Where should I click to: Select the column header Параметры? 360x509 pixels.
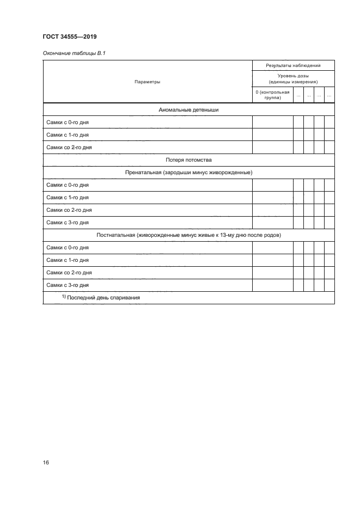147,82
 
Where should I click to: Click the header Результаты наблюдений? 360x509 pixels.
293,65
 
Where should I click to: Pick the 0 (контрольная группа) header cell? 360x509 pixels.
272,95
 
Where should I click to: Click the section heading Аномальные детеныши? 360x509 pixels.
188,109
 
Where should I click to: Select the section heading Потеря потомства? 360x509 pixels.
188,160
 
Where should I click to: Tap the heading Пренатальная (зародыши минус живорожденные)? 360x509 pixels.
188,172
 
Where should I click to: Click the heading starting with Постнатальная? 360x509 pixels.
188,235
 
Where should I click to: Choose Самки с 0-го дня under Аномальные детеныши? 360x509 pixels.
68,122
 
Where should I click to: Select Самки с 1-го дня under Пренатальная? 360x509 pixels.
68,197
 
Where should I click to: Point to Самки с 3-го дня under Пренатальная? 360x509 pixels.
68,222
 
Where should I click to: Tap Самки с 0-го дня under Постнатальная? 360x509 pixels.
68,247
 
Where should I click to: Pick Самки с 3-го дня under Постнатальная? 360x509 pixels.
68,285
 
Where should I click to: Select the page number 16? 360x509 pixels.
46,462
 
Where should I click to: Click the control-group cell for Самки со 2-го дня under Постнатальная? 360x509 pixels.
272,272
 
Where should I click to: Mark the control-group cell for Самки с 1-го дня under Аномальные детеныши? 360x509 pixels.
272,134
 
